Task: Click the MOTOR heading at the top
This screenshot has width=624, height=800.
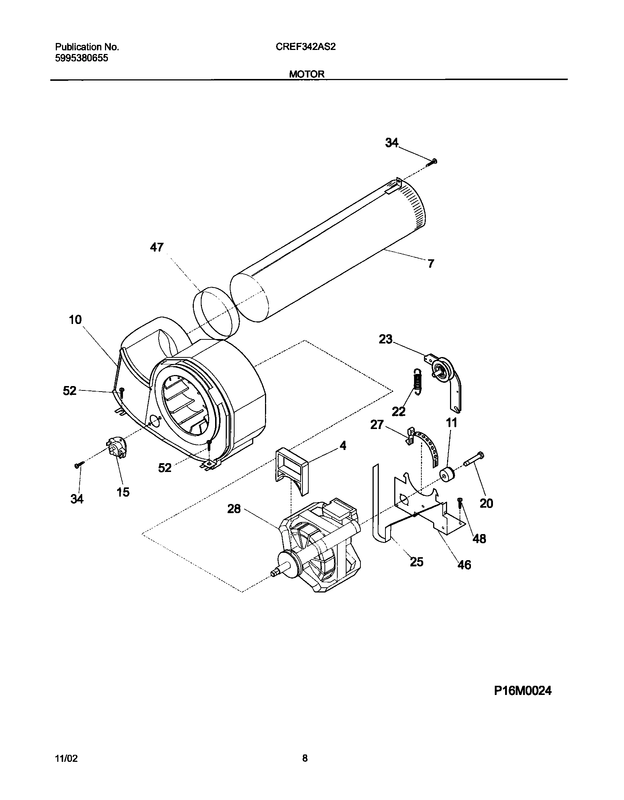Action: click(306, 74)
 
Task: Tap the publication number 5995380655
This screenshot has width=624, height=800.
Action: click(81, 58)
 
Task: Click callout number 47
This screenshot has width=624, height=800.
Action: click(157, 248)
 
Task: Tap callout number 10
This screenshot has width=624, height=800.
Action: click(75, 320)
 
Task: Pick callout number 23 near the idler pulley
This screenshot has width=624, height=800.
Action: click(385, 339)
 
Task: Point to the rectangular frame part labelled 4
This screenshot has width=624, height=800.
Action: click(292, 470)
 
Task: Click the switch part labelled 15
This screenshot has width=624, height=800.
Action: click(116, 448)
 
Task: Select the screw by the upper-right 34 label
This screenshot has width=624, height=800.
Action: click(433, 162)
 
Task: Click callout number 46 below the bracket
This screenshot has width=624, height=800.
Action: click(464, 564)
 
